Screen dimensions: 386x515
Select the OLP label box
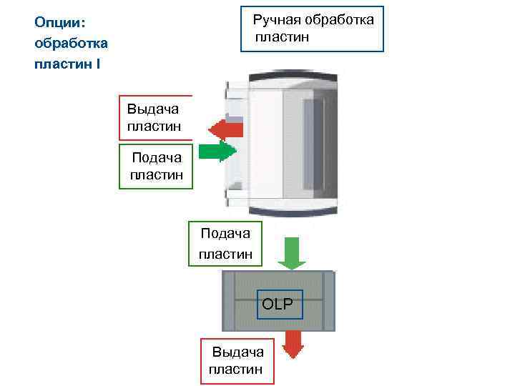tap(278, 304)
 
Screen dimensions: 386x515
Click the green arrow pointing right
tap(217, 152)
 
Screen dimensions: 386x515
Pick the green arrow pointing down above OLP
tap(291, 253)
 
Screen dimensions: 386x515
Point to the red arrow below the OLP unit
tap(292, 344)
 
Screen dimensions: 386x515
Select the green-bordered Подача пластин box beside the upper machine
tap(156, 167)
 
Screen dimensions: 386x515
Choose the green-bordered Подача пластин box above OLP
tap(225, 243)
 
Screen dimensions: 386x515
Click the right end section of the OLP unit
tap(328, 300)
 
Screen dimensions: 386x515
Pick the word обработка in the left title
tap(71, 44)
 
